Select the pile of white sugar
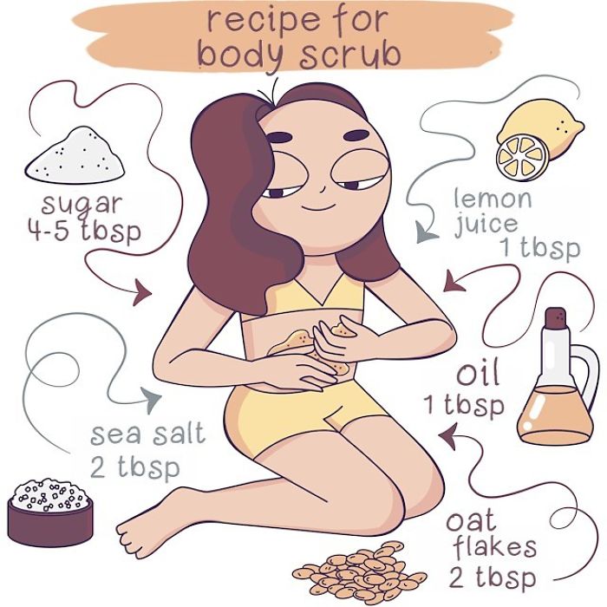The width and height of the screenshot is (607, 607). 74,154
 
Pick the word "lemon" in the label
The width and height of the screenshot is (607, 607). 493,199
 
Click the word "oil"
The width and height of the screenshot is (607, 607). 478,375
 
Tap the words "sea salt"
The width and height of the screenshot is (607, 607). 148,433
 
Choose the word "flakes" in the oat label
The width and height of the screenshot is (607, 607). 492,548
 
